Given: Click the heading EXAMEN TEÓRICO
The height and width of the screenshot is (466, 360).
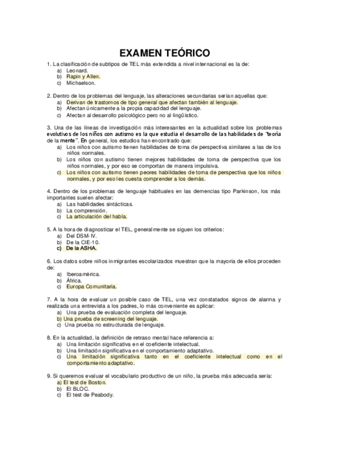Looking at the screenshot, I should point(164,53).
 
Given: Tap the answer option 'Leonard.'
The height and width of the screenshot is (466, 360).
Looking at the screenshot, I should point(77,71).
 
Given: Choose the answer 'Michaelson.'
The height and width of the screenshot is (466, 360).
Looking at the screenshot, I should point(81,83).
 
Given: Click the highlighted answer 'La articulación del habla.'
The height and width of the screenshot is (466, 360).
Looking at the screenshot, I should point(96,217).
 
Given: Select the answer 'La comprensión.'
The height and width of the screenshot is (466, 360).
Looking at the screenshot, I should point(86,210).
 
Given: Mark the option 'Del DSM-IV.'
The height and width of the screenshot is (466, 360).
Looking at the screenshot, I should point(81,236).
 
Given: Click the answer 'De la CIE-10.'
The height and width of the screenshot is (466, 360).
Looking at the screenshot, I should point(83,242).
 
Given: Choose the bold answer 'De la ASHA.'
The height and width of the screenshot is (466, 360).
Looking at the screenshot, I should point(81,248).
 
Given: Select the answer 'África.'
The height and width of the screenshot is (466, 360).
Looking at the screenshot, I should point(74,280).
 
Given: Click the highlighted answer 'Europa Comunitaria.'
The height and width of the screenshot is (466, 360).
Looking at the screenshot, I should point(91,286).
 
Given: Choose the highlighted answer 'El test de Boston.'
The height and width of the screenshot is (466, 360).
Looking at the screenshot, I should point(85,382).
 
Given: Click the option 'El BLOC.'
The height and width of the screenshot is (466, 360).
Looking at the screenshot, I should point(77,389).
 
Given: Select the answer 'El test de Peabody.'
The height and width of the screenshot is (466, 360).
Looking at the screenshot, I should point(90,395).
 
